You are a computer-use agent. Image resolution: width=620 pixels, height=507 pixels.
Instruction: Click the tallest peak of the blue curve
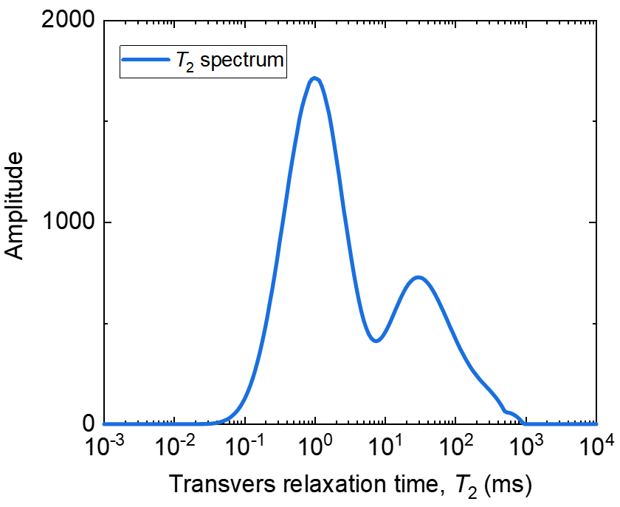tap(315, 78)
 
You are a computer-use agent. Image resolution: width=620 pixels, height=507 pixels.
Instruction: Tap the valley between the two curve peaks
tap(376, 341)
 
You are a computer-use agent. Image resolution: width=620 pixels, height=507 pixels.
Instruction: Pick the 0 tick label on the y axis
tap(87, 424)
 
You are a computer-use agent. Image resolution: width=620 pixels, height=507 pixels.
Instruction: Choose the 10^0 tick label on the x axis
tap(316, 448)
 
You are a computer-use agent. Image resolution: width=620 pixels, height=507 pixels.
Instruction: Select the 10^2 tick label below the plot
tap(456, 448)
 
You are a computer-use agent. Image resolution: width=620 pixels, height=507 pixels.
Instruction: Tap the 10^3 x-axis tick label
tap(526, 448)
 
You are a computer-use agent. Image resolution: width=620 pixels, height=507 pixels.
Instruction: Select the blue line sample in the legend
tap(146, 61)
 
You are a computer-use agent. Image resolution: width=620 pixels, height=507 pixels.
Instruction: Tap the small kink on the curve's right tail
tap(506, 411)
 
